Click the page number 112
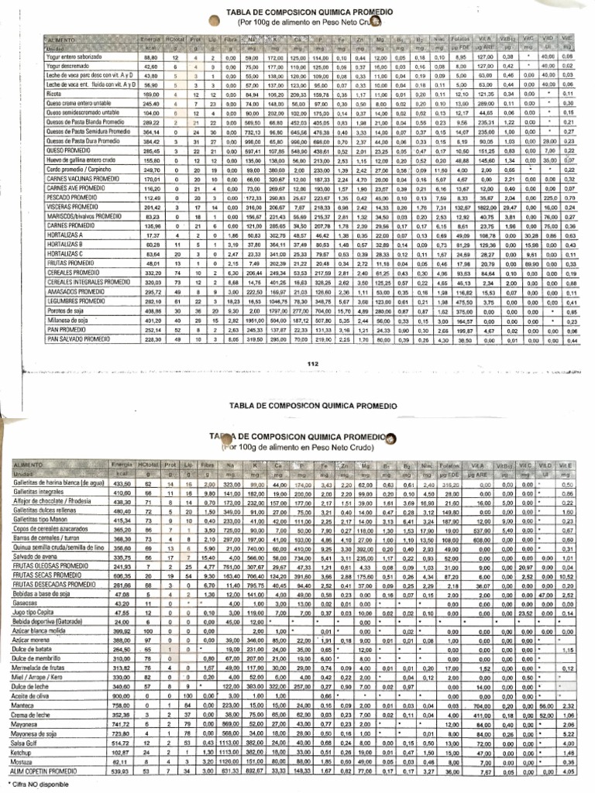[313, 364]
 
